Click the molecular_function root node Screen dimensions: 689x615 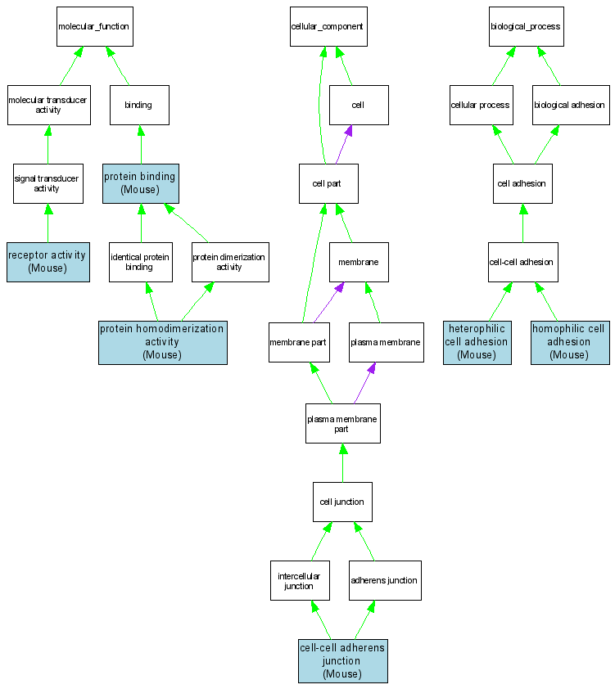click(93, 26)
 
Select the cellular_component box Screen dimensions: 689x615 click(328, 26)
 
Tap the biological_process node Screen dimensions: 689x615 click(526, 26)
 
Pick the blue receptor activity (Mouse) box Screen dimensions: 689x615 click(47, 262)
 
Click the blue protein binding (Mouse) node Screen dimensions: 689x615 click(140, 182)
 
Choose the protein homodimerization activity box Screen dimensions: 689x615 click(162, 341)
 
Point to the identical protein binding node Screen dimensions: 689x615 click(140, 262)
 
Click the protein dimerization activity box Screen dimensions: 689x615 click(230, 262)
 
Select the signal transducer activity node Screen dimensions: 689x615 click(47, 182)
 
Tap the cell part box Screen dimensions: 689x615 click(328, 183)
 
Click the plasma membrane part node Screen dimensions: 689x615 click(342, 423)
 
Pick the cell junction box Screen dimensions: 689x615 click(342, 502)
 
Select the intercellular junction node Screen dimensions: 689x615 click(300, 580)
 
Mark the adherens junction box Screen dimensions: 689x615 click(385, 580)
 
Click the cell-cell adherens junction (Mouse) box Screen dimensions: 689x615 click(342, 660)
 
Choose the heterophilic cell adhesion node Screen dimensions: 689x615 click(477, 341)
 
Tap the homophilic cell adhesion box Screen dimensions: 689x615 click(570, 341)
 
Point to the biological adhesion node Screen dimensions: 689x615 click(570, 105)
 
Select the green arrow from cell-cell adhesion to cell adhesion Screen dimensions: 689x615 click(522, 223)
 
